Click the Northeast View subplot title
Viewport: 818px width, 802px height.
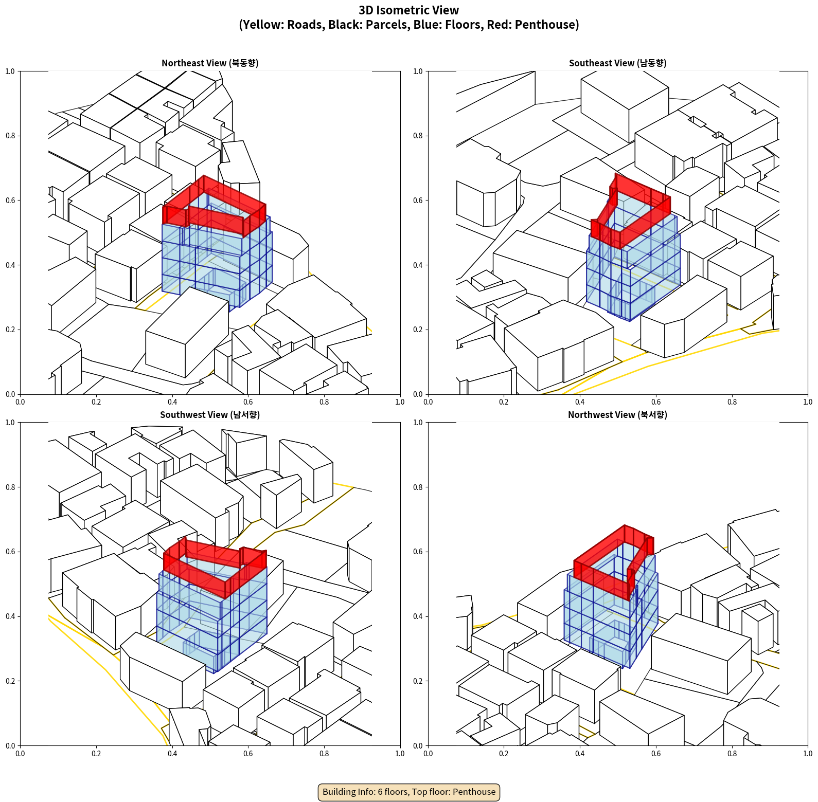click(210, 63)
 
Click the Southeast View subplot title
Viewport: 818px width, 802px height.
click(618, 63)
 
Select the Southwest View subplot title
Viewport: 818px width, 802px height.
click(210, 415)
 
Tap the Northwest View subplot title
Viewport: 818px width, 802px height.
click(618, 415)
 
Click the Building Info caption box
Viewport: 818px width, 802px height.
click(409, 792)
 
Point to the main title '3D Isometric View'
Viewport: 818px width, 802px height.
click(409, 10)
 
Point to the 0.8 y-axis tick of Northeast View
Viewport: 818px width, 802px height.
click(10, 136)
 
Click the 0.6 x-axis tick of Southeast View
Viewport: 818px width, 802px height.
click(656, 402)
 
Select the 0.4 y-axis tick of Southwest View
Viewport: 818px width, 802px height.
click(10, 616)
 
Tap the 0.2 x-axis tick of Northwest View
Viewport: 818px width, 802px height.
click(504, 754)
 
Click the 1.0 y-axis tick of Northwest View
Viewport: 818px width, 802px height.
click(418, 423)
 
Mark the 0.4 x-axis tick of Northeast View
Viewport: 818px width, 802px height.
click(172, 402)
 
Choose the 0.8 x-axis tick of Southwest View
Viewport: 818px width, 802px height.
click(324, 754)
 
